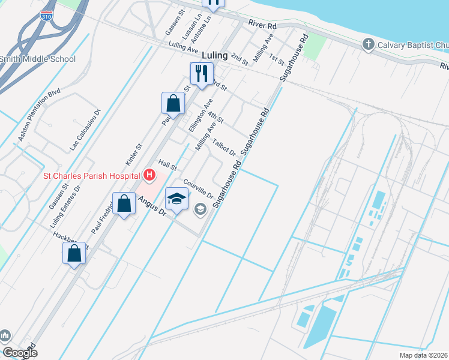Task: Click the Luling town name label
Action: point(215,55)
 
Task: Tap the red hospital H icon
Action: point(149,176)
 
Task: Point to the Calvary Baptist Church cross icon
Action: point(368,44)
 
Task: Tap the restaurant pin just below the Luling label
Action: point(201,74)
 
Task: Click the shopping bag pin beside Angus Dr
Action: point(124,203)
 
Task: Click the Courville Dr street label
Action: point(199,189)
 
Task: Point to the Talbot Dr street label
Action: point(224,148)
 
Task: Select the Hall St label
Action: point(167,164)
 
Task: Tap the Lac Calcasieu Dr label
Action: point(84,129)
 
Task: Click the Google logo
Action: point(20,353)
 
